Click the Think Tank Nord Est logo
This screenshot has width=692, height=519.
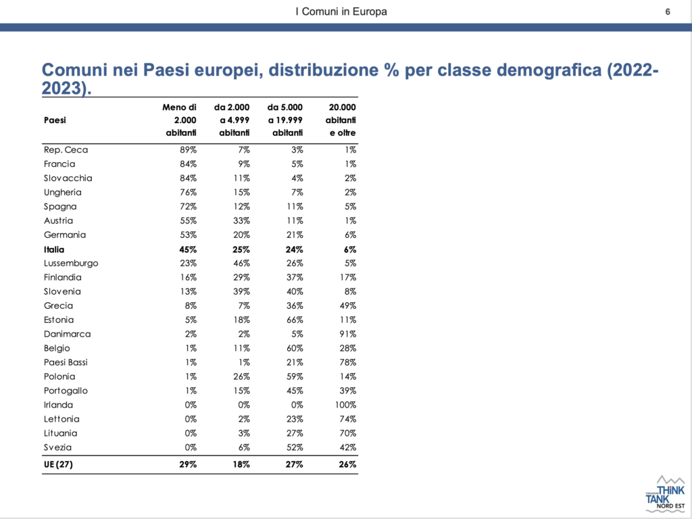pyautogui.click(x=665, y=493)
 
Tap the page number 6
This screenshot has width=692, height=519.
pyautogui.click(x=668, y=11)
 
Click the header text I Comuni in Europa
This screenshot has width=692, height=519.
pyautogui.click(x=341, y=11)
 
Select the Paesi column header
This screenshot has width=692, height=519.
pyautogui.click(x=55, y=120)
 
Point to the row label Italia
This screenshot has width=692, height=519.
pyautogui.click(x=54, y=249)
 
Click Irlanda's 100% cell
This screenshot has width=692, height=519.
pyautogui.click(x=345, y=405)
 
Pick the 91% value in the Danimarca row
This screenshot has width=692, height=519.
pyautogui.click(x=348, y=334)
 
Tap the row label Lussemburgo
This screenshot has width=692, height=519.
pyautogui.click(x=71, y=264)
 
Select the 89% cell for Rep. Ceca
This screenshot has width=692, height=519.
pyautogui.click(x=188, y=150)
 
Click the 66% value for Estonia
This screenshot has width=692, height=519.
pyautogui.click(x=295, y=320)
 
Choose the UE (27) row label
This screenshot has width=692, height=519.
pyautogui.click(x=58, y=464)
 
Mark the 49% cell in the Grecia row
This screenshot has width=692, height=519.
pyautogui.click(x=348, y=306)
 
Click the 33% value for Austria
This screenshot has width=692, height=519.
pyautogui.click(x=241, y=221)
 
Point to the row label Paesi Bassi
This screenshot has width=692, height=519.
pyautogui.click(x=66, y=362)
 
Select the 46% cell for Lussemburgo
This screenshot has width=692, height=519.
pyautogui.click(x=241, y=264)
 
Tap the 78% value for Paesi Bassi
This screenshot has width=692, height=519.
pyautogui.click(x=348, y=362)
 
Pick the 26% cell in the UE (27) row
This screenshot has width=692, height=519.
pyautogui.click(x=348, y=464)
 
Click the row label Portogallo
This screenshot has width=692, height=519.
pyautogui.click(x=66, y=391)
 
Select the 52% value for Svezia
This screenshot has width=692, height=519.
pyautogui.click(x=295, y=447)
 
